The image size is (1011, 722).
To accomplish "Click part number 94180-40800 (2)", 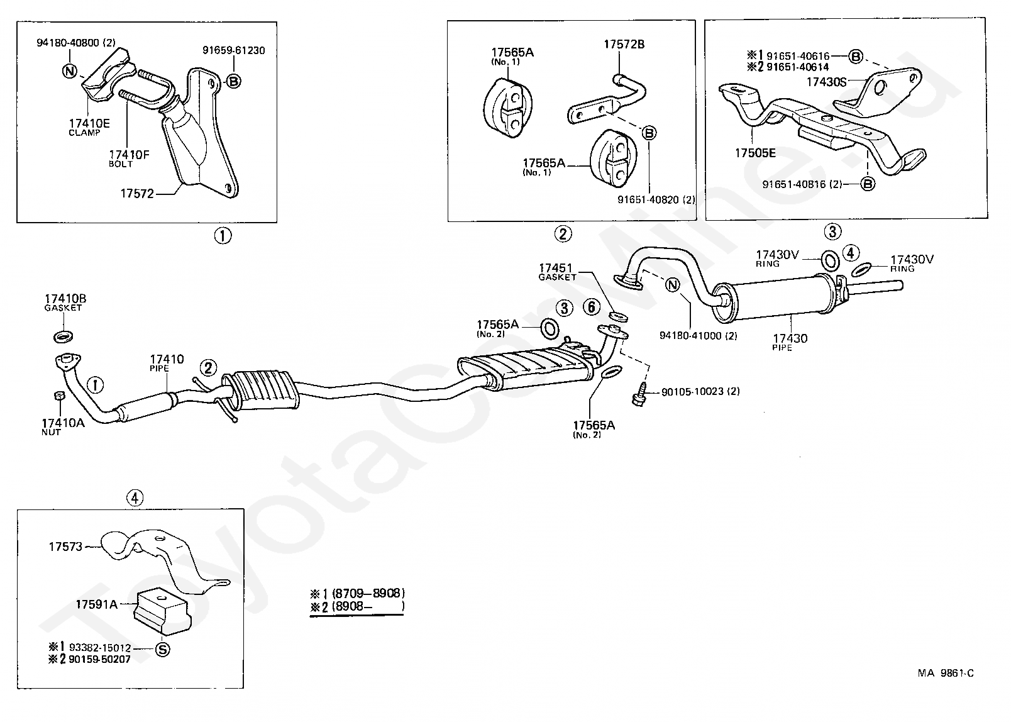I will click(76, 43).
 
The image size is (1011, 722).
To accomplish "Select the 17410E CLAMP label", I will click(89, 126).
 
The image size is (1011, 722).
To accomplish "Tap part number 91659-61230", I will click(233, 50).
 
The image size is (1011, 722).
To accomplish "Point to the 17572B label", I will click(624, 45).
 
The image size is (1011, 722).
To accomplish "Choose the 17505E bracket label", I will click(754, 152).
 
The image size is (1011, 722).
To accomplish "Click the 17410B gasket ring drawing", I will click(63, 335).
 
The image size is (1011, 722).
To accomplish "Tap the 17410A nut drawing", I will click(57, 396).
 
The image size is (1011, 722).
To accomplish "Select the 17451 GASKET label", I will click(557, 271).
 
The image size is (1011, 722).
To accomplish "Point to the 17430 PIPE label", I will click(790, 342).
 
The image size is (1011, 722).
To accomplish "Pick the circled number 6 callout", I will click(591, 308).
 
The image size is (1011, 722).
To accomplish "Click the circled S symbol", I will click(162, 650).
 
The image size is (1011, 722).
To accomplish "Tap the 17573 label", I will click(65, 547).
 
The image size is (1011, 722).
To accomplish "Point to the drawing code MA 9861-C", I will click(945, 673).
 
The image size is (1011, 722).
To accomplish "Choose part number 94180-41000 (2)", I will click(698, 336).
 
